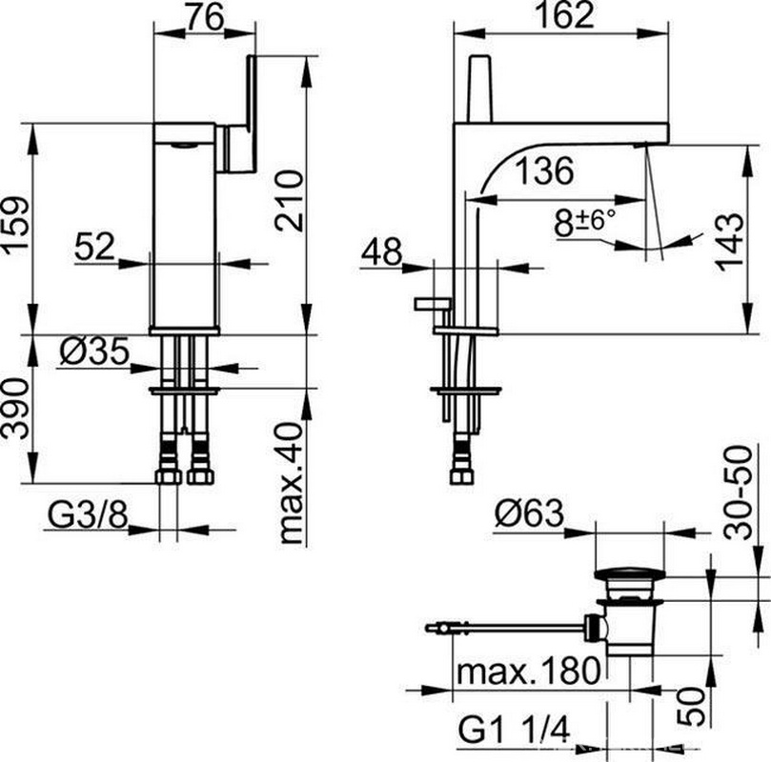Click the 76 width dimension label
[x=206, y=18]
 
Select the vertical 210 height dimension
[x=290, y=200]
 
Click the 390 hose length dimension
[x=14, y=409]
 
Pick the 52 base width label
[x=94, y=247]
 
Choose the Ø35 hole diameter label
[x=94, y=351]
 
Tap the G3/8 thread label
[x=88, y=515]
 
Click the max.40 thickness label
[x=290, y=483]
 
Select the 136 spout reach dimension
[x=545, y=170]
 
